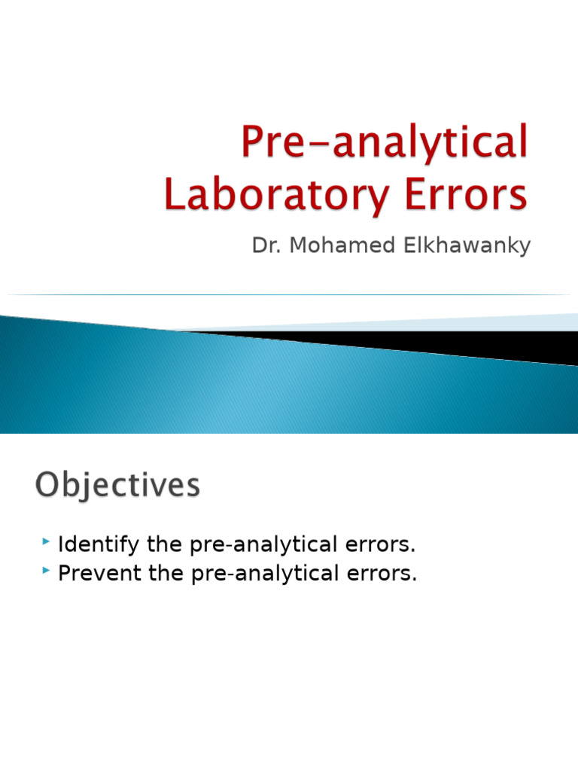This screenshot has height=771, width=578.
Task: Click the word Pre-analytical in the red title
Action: [384, 143]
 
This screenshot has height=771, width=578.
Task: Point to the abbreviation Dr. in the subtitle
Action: [263, 246]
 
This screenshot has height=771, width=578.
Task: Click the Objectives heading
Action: [117, 486]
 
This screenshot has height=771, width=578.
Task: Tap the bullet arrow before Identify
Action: [47, 541]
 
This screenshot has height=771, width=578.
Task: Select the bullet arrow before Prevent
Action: [47, 571]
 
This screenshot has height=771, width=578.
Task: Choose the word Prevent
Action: [93, 573]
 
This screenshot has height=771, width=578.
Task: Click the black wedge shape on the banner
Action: [452, 343]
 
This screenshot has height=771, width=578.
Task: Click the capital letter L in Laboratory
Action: [175, 194]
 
